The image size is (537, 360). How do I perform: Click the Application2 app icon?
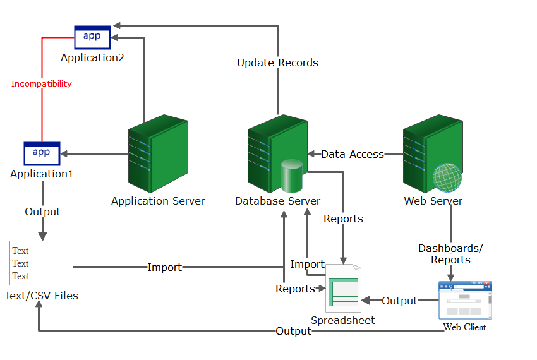(x=92, y=37)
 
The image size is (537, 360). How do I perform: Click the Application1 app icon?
(x=42, y=153)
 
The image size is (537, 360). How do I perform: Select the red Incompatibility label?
(x=42, y=83)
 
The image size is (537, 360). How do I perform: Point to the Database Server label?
(x=277, y=201)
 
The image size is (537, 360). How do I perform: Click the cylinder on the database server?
(x=293, y=176)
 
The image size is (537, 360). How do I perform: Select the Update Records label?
(x=277, y=63)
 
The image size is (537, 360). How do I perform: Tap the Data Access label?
(x=353, y=154)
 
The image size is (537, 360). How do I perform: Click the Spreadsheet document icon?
(x=343, y=287)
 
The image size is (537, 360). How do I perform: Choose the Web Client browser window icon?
(x=465, y=300)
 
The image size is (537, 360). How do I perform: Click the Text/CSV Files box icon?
(x=42, y=263)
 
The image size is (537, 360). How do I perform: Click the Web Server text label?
(x=433, y=201)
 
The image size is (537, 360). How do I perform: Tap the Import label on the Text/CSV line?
(x=164, y=267)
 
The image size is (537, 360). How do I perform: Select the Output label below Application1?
(x=42, y=212)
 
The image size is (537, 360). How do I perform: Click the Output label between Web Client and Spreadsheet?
(x=399, y=301)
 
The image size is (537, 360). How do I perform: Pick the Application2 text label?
(x=92, y=57)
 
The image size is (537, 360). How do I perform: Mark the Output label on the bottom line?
(x=293, y=331)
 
